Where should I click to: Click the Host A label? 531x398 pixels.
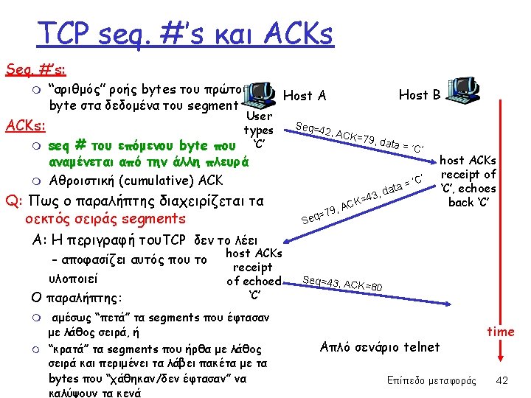coord(305,95)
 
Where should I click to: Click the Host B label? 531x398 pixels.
coord(420,94)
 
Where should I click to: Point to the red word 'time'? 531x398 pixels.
coord(501,332)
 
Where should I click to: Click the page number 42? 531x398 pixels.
coord(502,380)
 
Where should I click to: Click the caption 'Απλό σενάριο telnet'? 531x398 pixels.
coord(381,346)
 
